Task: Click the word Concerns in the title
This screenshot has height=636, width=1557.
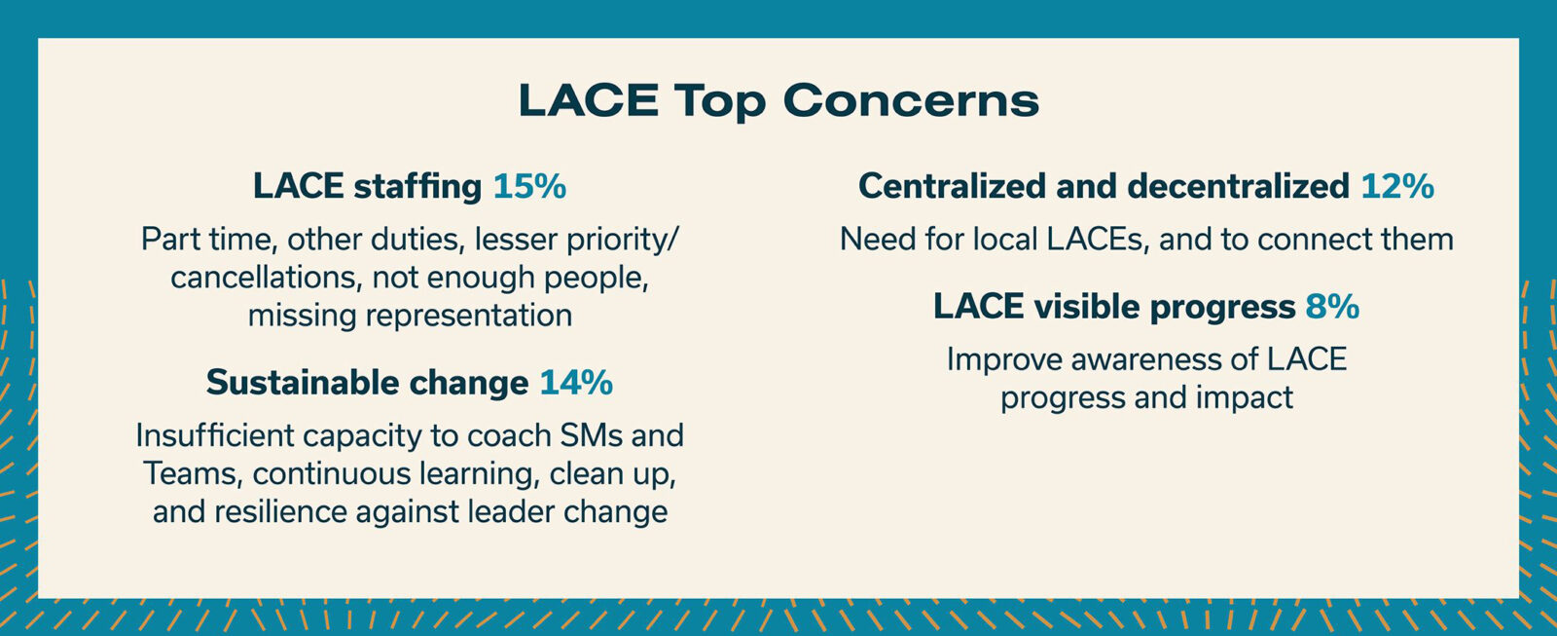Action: [911, 100]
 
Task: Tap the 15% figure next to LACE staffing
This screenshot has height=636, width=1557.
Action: [529, 186]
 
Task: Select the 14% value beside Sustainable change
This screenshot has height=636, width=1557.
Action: [576, 383]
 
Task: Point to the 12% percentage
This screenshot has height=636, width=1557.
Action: [1397, 186]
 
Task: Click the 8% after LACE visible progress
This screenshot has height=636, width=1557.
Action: [1332, 307]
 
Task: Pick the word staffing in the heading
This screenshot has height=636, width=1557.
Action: [417, 186]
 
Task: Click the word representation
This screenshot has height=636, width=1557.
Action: [469, 316]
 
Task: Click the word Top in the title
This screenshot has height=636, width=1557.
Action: [720, 101]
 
